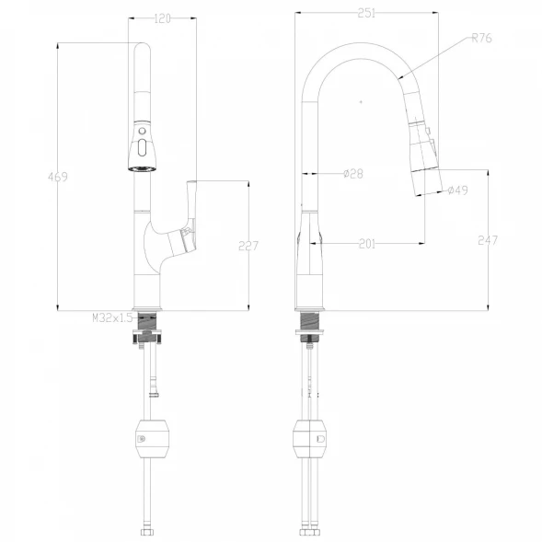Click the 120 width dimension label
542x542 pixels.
pyautogui.click(x=162, y=18)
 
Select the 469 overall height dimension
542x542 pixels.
pyautogui.click(x=58, y=177)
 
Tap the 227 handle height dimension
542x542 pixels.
pyautogui.click(x=248, y=246)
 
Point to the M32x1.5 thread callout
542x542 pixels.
pyautogui.click(x=112, y=317)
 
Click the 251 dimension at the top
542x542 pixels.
pyautogui.click(x=366, y=13)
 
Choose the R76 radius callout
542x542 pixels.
pyautogui.click(x=481, y=38)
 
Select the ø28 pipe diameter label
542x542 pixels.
pyautogui.click(x=353, y=174)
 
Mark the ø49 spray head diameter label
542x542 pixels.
pyautogui.click(x=457, y=190)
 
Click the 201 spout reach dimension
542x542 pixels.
pyautogui.click(x=367, y=244)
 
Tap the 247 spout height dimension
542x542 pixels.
pyautogui.click(x=488, y=240)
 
